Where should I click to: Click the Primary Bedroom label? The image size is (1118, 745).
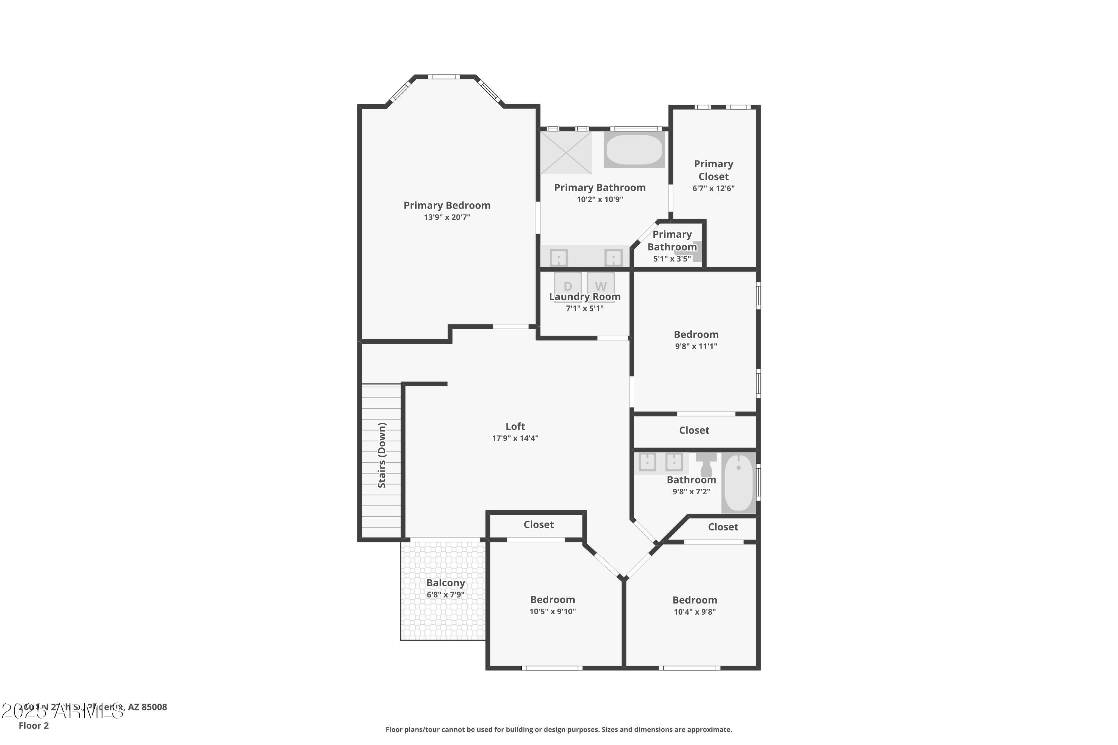tap(447, 205)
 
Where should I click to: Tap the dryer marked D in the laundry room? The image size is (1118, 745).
tap(568, 285)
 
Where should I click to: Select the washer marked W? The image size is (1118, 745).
tap(601, 285)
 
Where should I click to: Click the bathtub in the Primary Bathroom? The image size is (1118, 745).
tap(634, 150)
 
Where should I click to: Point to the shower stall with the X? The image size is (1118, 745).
tap(566, 152)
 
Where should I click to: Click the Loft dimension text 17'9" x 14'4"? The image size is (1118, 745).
tap(515, 438)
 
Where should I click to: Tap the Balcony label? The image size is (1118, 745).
tap(445, 583)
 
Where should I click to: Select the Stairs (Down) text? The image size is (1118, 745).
tap(382, 455)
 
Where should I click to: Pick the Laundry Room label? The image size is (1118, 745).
tap(585, 297)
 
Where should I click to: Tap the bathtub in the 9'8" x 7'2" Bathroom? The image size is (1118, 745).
tap(738, 482)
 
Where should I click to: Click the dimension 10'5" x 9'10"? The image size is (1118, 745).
tap(552, 612)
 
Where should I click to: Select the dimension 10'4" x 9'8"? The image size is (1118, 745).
tap(695, 612)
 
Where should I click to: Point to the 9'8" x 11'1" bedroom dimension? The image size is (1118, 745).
tap(696, 346)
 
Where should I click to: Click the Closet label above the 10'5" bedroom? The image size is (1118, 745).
tap(539, 524)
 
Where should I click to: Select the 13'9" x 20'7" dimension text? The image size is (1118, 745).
tap(447, 217)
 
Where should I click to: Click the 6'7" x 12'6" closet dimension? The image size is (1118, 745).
tap(713, 188)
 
